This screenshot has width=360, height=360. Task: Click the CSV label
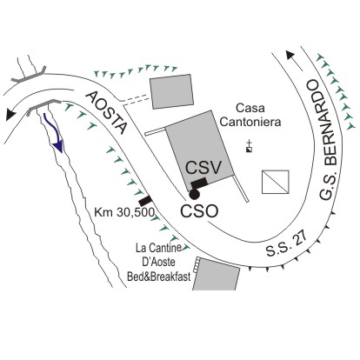click(203, 168)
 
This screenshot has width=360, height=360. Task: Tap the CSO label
click(199, 211)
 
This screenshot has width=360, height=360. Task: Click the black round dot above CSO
click(194, 194)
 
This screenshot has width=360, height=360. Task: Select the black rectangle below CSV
click(199, 183)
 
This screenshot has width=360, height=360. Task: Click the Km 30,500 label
click(124, 212)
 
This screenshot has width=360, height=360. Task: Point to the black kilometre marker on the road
click(145, 200)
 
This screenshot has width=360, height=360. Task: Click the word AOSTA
click(107, 113)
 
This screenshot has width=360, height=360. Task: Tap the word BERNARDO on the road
click(318, 123)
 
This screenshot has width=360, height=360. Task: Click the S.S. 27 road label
click(287, 244)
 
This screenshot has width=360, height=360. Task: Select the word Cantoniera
click(250, 122)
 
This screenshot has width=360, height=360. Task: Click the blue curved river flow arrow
click(54, 133)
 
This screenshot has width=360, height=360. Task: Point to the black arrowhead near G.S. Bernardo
click(290, 55)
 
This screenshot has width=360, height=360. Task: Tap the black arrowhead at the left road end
click(10, 114)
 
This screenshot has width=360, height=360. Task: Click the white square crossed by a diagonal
click(276, 182)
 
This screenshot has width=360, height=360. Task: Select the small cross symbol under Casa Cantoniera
click(249, 147)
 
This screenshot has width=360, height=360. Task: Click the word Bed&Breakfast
click(159, 277)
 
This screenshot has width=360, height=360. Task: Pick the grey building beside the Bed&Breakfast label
click(217, 275)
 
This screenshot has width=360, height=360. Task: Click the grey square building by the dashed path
click(171, 91)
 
